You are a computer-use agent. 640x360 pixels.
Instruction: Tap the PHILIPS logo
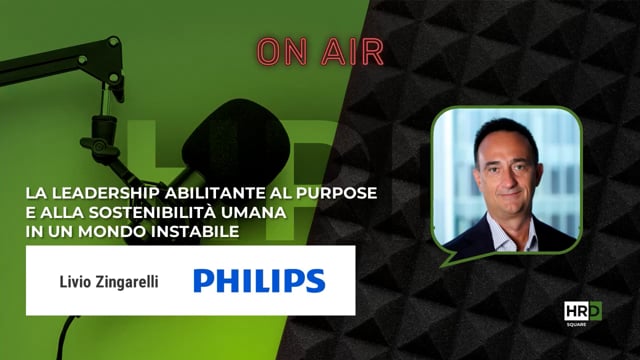tap(259, 279)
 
